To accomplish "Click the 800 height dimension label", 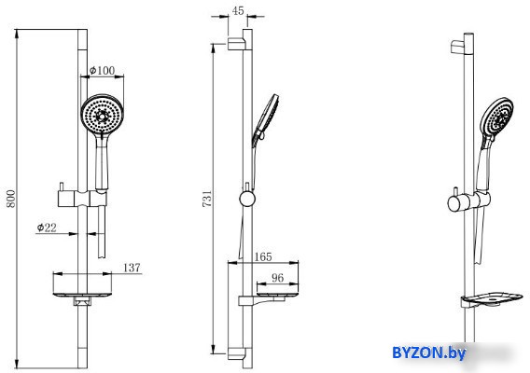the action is click(x=11, y=199).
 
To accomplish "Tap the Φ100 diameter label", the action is click(x=102, y=70).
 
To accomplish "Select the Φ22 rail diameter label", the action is click(x=47, y=228).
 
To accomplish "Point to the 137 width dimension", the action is click(x=132, y=268).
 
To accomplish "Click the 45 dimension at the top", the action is click(x=238, y=11).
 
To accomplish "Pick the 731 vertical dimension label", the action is click(x=207, y=199).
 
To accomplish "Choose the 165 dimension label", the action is click(x=263, y=256).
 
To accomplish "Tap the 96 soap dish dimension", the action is click(x=277, y=278).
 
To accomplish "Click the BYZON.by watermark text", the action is click(x=428, y=353).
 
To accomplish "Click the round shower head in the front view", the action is click(x=102, y=114).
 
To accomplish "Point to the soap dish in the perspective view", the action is click(x=492, y=300).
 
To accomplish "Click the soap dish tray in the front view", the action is click(x=82, y=295).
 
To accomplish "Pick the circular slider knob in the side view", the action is click(x=247, y=199).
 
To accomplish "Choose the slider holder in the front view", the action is click(x=82, y=199).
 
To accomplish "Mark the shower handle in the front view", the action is click(x=102, y=161).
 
